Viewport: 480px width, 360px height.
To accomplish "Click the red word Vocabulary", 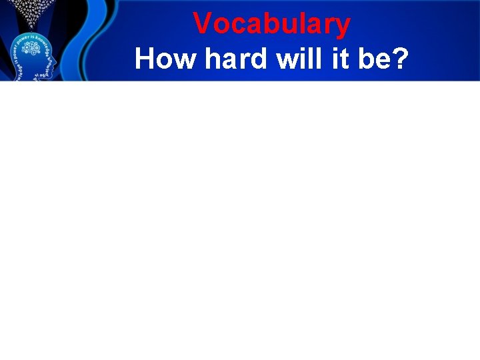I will click(271, 25).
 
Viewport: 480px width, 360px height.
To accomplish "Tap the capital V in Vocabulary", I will click(202, 24).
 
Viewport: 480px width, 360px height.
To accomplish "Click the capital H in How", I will click(145, 59).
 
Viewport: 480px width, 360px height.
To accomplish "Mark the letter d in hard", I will click(257, 59).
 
